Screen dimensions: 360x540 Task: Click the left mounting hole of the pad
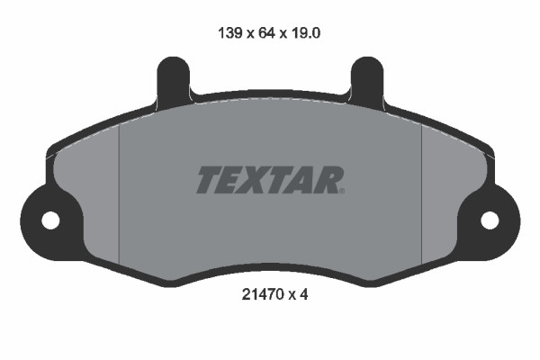pos(50,219)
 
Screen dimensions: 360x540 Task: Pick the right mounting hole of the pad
pos(490,219)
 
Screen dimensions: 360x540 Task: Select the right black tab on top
pos(366,79)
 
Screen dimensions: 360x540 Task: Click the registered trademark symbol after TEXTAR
pos(342,190)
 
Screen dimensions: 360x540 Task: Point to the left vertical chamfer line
pos(119,193)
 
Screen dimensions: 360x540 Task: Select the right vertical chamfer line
pos(422,193)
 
